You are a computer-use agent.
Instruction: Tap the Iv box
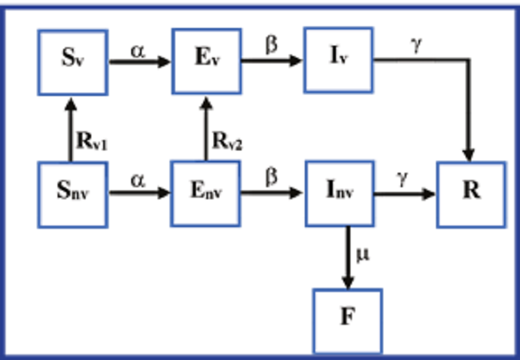pos(337,58)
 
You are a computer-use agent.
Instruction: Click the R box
pos(470,194)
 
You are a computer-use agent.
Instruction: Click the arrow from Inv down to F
pos(348,256)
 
